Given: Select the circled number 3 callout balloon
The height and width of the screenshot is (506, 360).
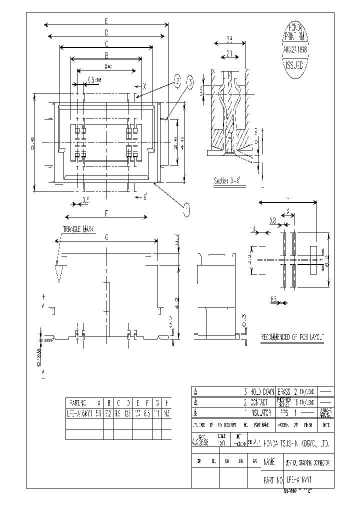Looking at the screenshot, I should point(190,82).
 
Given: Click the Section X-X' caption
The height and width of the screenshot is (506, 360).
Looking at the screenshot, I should point(227,181).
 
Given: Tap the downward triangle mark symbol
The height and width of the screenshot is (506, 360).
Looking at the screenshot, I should point(59,272).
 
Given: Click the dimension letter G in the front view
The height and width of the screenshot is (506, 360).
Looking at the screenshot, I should point(106,238).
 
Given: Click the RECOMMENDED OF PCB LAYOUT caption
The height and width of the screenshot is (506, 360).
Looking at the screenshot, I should point(292,338).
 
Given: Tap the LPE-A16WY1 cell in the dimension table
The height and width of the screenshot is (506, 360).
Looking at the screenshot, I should point(80,413).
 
